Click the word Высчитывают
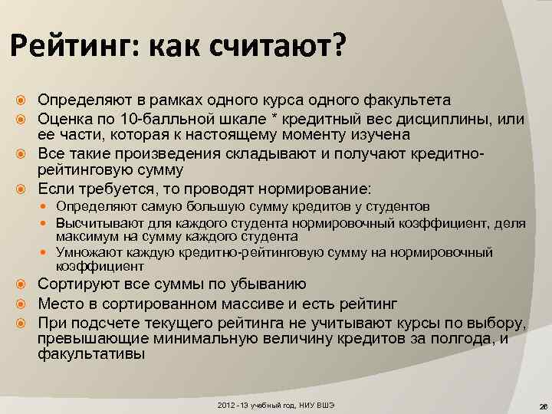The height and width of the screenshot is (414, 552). [96, 222]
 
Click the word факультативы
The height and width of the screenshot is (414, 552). [90, 354]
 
